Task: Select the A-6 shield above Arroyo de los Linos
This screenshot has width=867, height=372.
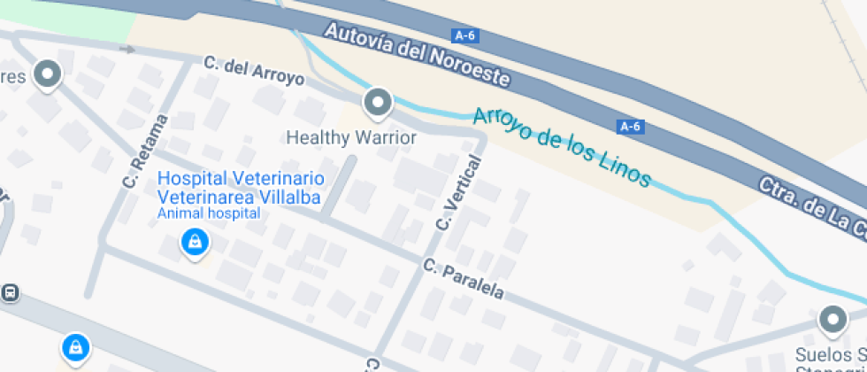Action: (x=630, y=127)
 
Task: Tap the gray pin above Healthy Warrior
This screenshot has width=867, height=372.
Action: (x=379, y=103)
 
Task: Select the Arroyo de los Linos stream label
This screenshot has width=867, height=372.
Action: (x=562, y=147)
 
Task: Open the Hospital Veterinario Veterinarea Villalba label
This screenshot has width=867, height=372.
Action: (x=239, y=188)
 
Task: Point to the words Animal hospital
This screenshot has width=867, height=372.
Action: (x=209, y=213)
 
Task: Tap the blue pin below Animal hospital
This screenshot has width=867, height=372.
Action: (x=194, y=242)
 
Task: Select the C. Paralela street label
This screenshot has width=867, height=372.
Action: (x=463, y=278)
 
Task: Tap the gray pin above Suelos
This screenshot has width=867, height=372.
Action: (x=832, y=320)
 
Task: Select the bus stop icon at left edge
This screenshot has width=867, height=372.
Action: (x=10, y=291)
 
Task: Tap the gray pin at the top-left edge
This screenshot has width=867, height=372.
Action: (x=47, y=74)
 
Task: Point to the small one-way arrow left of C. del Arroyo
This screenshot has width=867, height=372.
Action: (x=128, y=50)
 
